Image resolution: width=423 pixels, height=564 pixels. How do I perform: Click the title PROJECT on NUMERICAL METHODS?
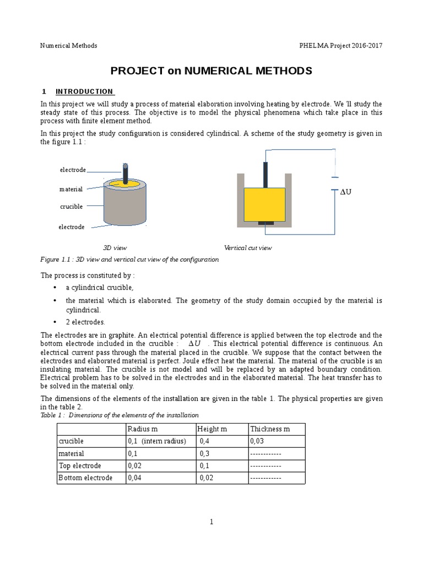211,71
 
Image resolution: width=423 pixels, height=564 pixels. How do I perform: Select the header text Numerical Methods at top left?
69,45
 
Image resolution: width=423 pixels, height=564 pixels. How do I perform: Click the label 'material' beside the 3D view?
71,189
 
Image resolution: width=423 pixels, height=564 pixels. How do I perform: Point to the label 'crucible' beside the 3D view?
71,207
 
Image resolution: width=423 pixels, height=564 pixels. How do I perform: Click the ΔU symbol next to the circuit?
345,192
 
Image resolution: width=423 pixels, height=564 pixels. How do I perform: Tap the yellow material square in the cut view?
264,204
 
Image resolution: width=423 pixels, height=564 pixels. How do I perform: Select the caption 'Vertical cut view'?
248,248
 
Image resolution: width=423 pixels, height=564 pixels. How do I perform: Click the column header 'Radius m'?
143,429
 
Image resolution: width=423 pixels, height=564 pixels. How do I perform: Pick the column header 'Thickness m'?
270,429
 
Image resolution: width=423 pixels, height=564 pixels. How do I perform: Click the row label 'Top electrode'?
80,465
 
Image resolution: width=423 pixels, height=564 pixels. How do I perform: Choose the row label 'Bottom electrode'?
85,478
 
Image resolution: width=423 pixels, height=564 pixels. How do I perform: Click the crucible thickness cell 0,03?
257,441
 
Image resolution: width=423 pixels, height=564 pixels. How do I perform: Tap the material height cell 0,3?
205,453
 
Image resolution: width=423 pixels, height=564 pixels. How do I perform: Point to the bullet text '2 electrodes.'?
85,322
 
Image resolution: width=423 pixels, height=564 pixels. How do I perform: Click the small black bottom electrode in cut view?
265,223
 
